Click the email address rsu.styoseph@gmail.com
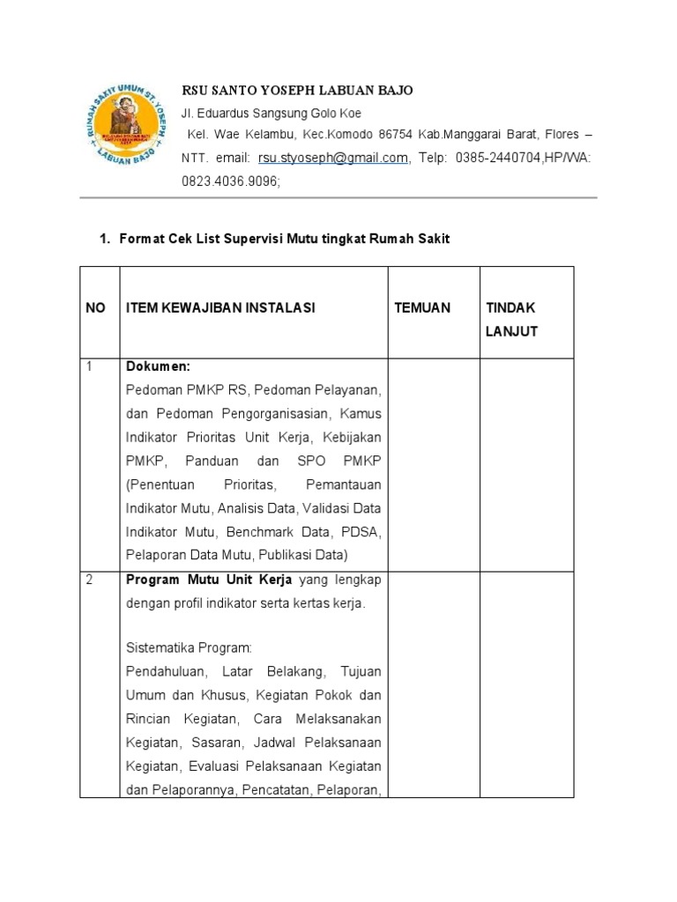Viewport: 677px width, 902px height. [333, 158]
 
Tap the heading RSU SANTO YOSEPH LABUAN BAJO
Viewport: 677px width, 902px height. [297, 91]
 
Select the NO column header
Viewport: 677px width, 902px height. [96, 307]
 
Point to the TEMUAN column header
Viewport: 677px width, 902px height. [422, 307]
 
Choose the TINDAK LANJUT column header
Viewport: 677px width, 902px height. [511, 319]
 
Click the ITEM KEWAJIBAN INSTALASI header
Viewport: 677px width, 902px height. [220, 307]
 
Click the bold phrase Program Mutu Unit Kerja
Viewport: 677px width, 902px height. [209, 580]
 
